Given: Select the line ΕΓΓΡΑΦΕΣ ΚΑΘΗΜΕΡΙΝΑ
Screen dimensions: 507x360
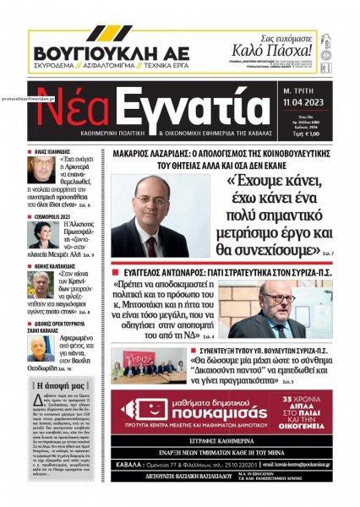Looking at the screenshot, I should (222, 440).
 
